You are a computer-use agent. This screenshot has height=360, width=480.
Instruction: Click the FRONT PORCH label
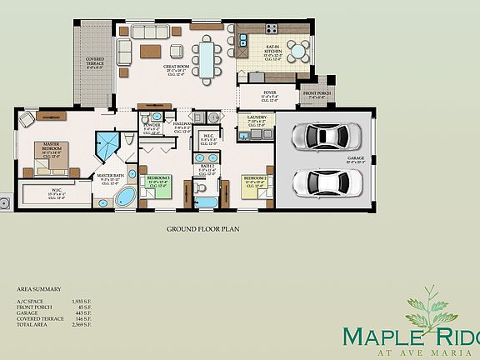pos(317,93)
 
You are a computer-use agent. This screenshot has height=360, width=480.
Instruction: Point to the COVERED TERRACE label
pos(95,62)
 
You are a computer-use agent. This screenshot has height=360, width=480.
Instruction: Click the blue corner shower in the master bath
pos(107,147)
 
